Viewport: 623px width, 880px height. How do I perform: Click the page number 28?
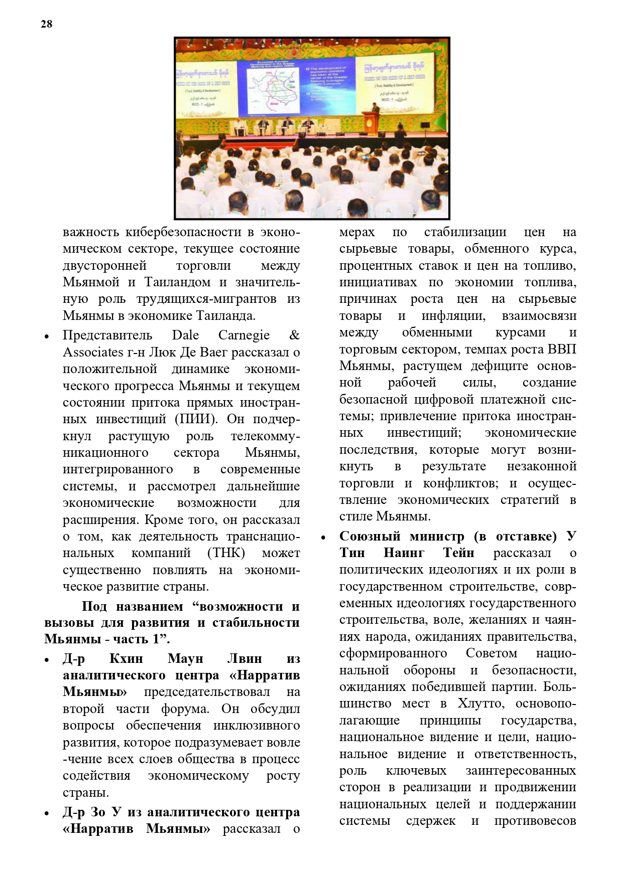pyautogui.click(x=46, y=24)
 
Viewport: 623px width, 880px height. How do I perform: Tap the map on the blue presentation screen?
pyautogui.click(x=273, y=90)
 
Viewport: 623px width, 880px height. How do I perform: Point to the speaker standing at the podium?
pyautogui.click(x=373, y=108)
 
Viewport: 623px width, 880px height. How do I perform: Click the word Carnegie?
pyautogui.click(x=243, y=335)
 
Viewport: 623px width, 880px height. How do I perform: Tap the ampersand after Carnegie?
pyautogui.click(x=295, y=335)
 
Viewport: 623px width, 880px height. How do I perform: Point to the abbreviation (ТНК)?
pyautogui.click(x=226, y=553)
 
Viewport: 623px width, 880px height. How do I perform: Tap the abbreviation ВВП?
pyautogui.click(x=561, y=349)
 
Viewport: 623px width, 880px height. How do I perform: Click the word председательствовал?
pyautogui.click(x=207, y=692)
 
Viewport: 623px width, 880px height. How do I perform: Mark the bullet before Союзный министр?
pyautogui.click(x=323, y=538)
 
